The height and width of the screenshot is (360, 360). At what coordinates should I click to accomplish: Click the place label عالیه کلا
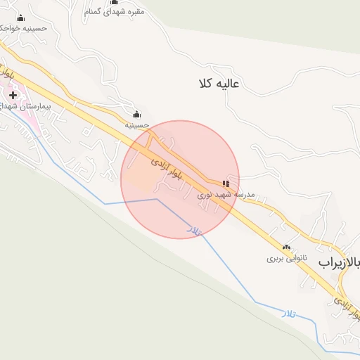[x=220, y=84]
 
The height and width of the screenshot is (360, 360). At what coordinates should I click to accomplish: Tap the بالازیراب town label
[x=340, y=263]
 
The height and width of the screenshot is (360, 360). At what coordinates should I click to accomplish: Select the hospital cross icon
[x=13, y=95]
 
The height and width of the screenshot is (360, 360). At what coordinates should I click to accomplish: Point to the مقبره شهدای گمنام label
[x=114, y=12]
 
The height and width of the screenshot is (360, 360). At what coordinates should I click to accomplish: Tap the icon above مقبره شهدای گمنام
[x=114, y=2]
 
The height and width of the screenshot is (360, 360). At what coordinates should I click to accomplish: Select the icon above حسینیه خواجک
[x=20, y=18]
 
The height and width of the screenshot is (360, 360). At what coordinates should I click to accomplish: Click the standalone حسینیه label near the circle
[x=138, y=124]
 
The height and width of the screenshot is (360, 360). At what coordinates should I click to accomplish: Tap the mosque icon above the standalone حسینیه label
[x=136, y=115]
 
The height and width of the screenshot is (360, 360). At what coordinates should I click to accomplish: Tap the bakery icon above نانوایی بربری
[x=286, y=247]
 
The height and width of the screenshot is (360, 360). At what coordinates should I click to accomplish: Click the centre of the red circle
[x=180, y=179]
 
